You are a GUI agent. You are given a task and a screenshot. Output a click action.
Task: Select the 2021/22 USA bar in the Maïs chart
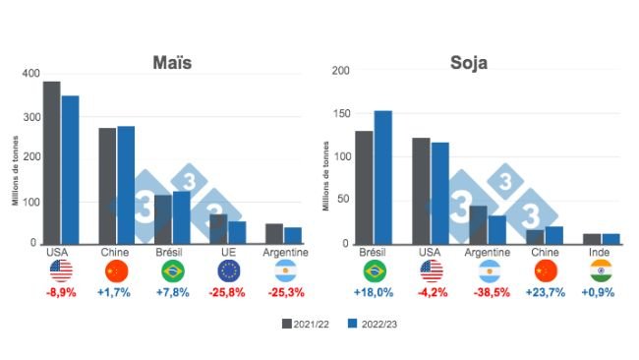(x=51, y=162)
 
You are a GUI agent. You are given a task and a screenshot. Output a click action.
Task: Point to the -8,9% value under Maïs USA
(x=60, y=292)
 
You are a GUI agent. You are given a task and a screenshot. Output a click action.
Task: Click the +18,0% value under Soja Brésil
(x=373, y=292)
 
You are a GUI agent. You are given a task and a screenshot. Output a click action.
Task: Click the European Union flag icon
(x=228, y=270)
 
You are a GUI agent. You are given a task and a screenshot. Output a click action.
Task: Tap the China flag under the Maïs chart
(x=116, y=270)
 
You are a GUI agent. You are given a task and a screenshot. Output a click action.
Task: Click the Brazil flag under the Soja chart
(x=373, y=270)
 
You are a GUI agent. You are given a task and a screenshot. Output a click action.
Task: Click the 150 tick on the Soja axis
(x=340, y=113)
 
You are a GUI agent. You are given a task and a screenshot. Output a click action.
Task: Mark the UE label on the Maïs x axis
(x=228, y=253)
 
